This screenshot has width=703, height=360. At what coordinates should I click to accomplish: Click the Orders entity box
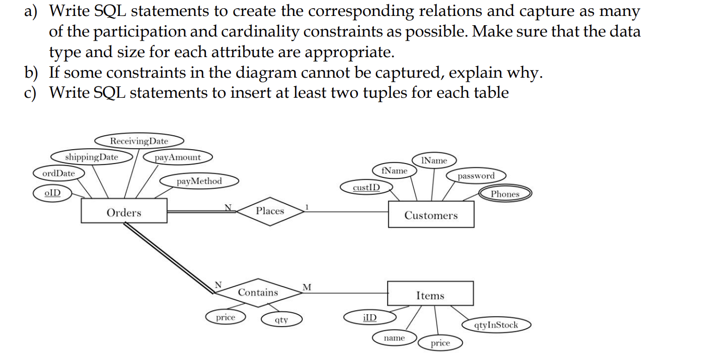(124, 212)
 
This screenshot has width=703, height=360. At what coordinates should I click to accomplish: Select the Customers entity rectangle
(430, 215)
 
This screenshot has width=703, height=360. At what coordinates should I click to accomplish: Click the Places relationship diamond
(269, 211)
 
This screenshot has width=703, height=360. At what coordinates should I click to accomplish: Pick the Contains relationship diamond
(258, 293)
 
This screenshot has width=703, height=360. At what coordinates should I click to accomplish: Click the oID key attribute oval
(52, 193)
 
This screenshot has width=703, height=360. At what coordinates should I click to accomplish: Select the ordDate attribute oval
(58, 173)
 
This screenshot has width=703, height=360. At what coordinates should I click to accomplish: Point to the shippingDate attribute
(92, 157)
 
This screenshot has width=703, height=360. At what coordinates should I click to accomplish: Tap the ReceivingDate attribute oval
(139, 141)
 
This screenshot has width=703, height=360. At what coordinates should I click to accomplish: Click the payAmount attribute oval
(178, 157)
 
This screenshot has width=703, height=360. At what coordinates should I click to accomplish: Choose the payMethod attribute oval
(199, 181)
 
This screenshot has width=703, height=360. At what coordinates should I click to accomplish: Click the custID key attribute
(367, 187)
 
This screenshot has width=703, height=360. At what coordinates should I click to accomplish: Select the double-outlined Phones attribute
(504, 194)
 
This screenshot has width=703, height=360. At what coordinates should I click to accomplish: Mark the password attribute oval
(476, 176)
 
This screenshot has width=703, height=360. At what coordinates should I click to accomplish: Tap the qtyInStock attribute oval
(496, 325)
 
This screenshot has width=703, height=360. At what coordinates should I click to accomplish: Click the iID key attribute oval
(369, 317)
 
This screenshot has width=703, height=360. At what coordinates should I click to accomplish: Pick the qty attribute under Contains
(281, 320)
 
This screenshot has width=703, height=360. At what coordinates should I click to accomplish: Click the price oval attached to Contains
(225, 317)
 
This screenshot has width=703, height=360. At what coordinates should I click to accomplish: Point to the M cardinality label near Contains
(307, 286)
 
